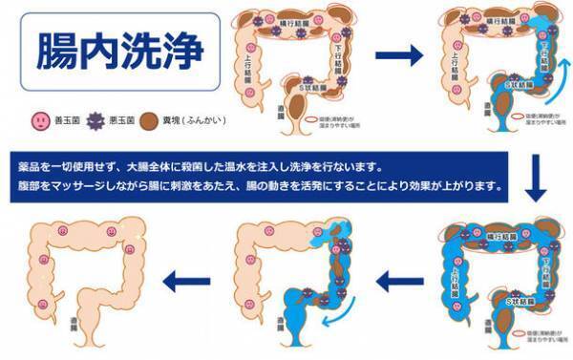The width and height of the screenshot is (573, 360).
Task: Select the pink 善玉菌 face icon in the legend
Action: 38,121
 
